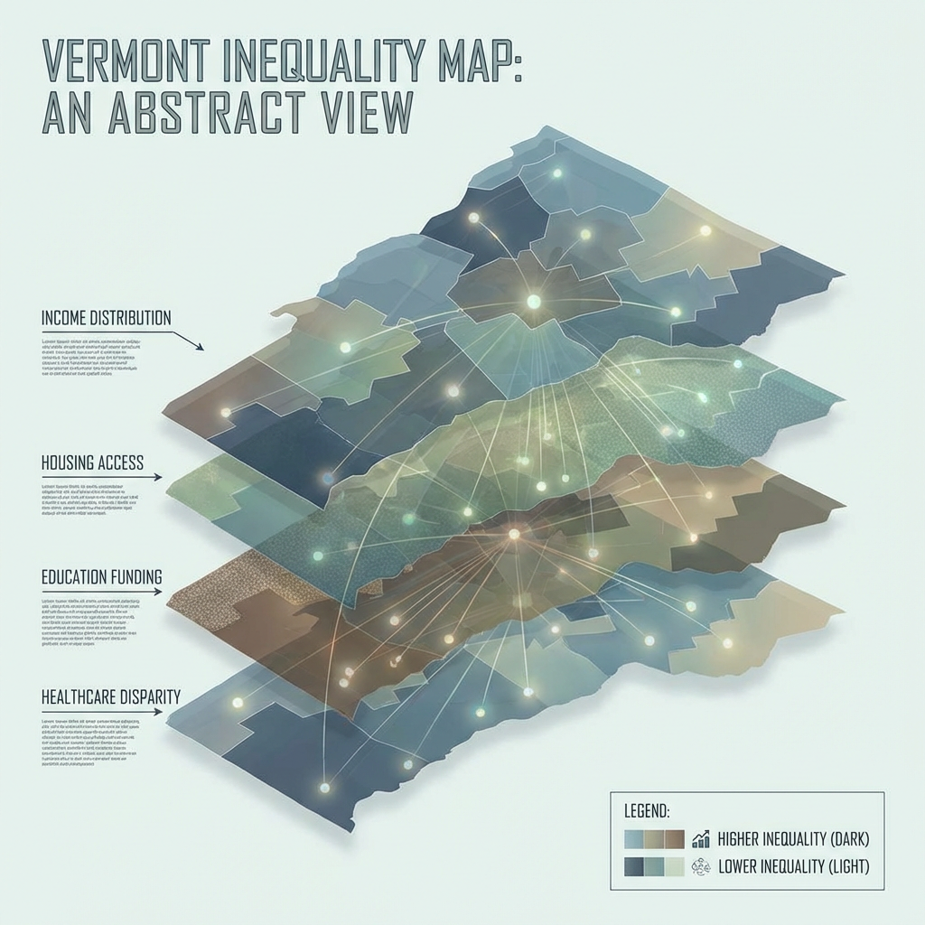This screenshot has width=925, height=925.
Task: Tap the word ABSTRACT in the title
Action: pyautogui.click(x=220, y=117)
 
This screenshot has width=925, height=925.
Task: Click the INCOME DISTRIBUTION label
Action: pyautogui.click(x=106, y=318)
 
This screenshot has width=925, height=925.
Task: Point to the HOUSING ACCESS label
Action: pyautogui.click(x=92, y=462)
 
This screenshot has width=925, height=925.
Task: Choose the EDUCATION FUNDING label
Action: pyautogui.click(x=101, y=575)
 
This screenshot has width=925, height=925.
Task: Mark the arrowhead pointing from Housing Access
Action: pyautogui.click(x=159, y=476)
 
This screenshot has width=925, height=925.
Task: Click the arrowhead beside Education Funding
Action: pyautogui.click(x=159, y=593)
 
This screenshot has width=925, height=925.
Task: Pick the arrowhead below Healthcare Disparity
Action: pyautogui.click(x=159, y=712)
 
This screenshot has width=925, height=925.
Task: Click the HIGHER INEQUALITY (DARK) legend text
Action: pyautogui.click(x=792, y=838)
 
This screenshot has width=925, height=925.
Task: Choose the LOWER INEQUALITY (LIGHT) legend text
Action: pyautogui.click(x=794, y=866)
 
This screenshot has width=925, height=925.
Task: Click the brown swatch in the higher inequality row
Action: pyautogui.click(x=674, y=838)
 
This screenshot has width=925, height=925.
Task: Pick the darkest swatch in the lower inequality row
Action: pyautogui.click(x=634, y=866)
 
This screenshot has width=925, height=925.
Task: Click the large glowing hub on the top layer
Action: pyautogui.click(x=533, y=301)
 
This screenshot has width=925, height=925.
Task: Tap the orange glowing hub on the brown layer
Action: pyautogui.click(x=514, y=534)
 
